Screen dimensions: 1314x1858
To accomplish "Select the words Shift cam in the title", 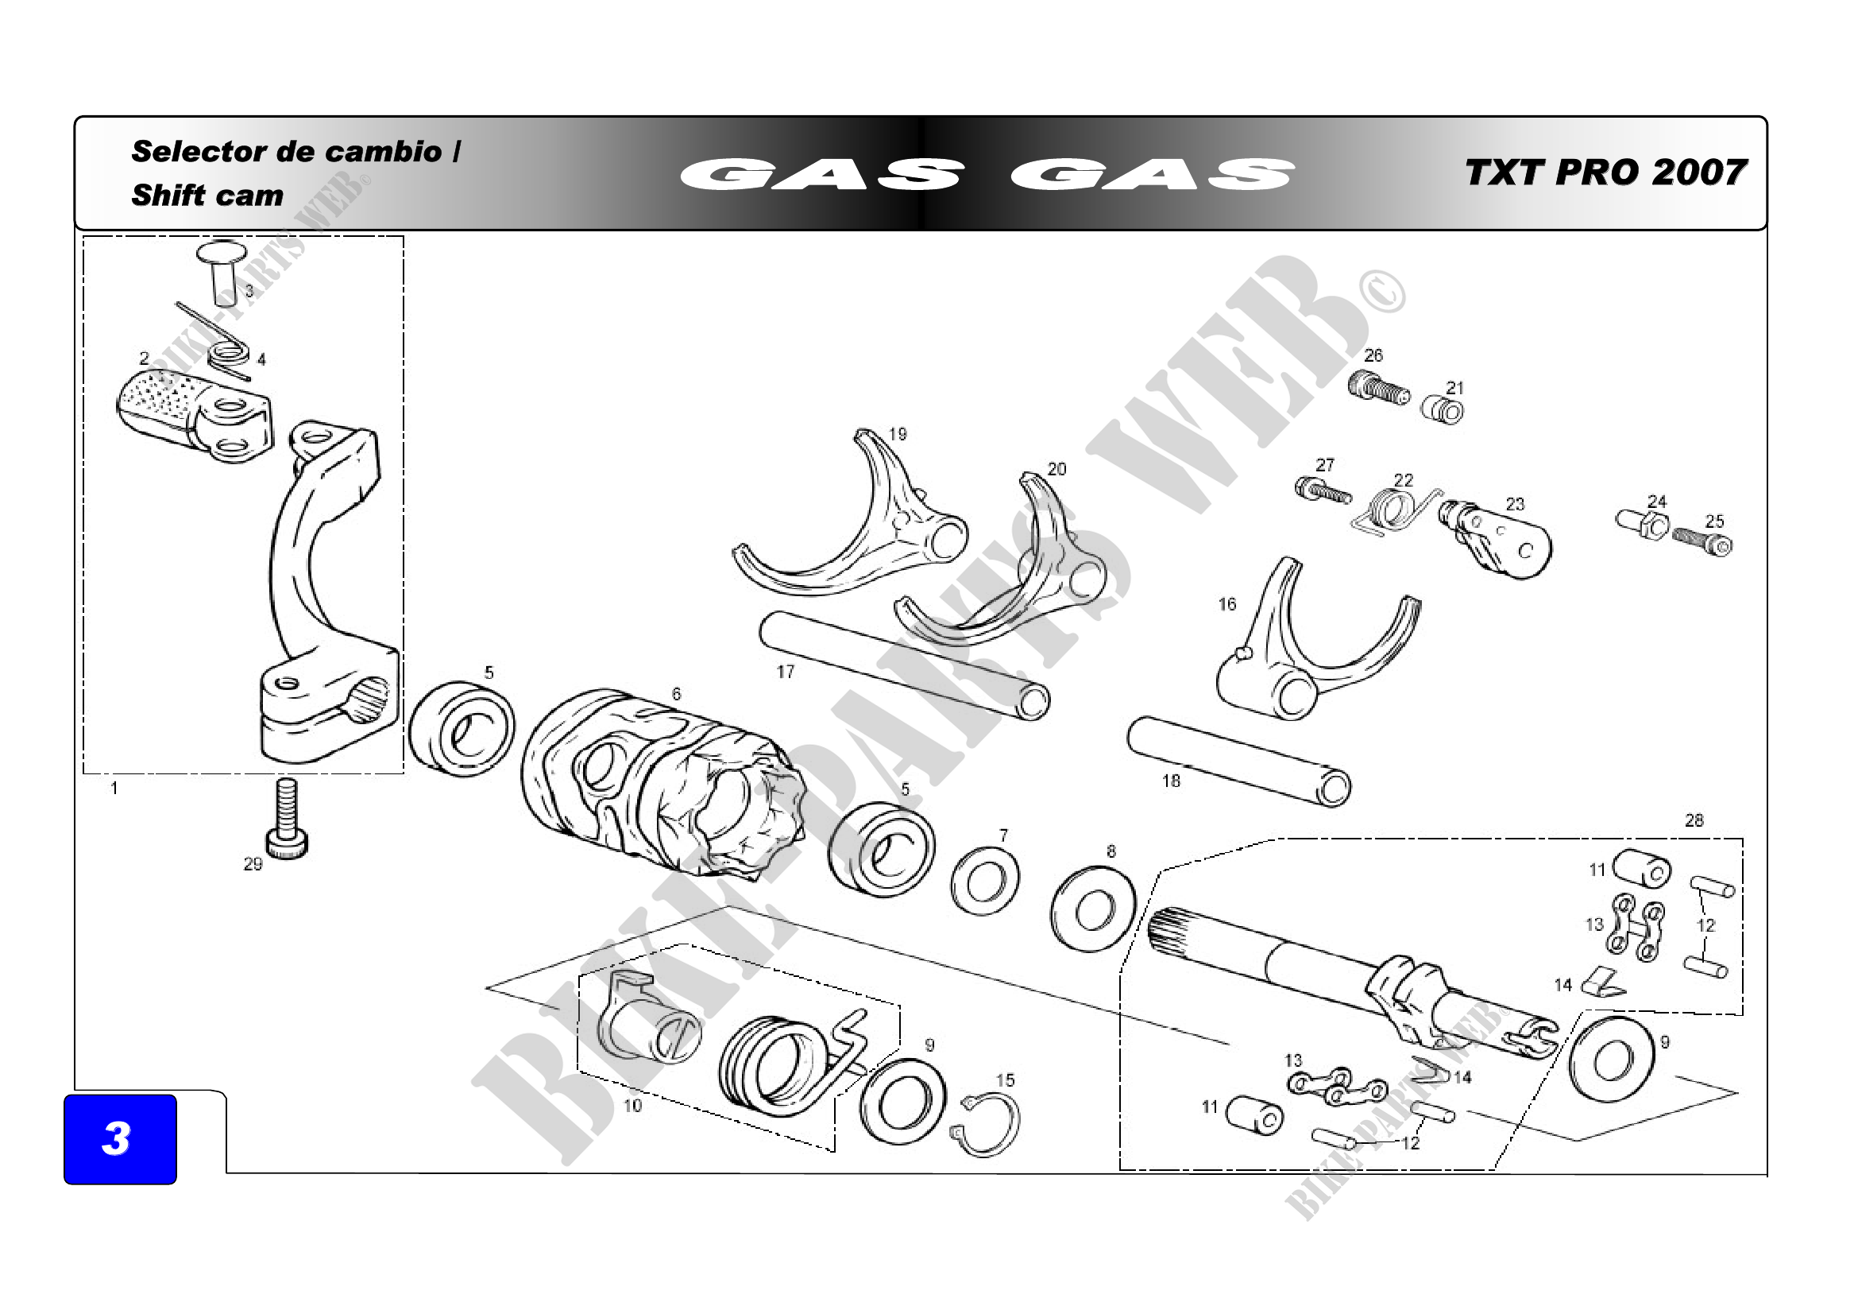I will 207,195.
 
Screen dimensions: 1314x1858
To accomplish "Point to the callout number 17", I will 785,671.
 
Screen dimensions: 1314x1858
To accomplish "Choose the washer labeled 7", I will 984,881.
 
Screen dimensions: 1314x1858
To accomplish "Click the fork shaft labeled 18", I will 1238,761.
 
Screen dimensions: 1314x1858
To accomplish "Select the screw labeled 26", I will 1378,389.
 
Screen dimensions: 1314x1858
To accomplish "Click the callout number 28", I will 1694,820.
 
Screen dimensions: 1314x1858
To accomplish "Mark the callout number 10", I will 633,1105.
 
